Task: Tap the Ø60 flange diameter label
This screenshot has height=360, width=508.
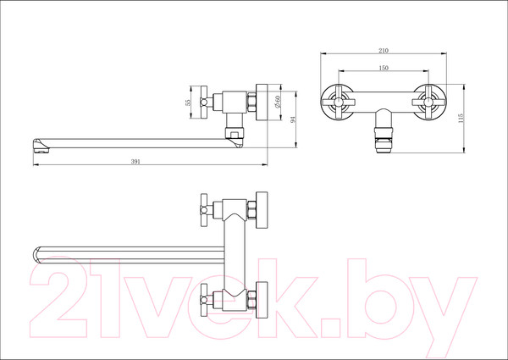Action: [x=279, y=102]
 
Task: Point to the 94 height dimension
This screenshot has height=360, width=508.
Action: [x=293, y=119]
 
